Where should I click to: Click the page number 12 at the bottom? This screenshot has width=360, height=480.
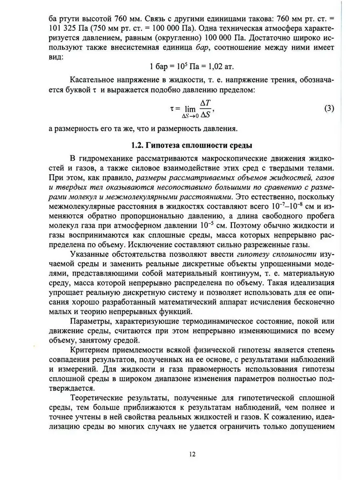tap(192, 454)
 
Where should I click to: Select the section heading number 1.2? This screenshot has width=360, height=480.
tap(138, 145)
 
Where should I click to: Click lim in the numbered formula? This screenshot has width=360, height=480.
tap(190, 109)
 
